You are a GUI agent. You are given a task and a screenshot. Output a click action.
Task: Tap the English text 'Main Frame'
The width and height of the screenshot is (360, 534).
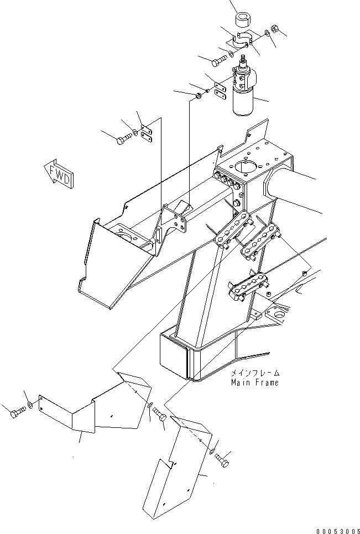[255, 382]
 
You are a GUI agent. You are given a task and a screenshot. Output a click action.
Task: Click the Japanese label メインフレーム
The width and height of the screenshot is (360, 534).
[255, 373]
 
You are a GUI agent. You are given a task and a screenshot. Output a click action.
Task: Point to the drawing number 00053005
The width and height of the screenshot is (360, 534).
[338, 529]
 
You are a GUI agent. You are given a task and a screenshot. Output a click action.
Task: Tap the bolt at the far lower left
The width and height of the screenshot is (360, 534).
[18, 413]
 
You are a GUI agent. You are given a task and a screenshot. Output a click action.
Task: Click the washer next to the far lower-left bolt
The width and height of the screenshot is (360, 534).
[31, 406]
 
